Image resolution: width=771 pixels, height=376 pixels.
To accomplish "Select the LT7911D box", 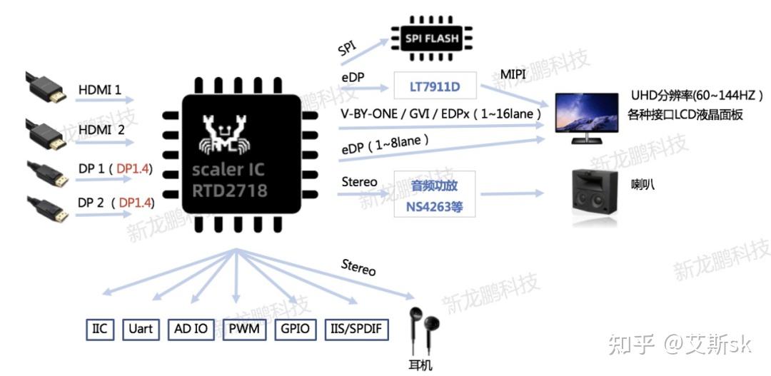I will (x=435, y=87).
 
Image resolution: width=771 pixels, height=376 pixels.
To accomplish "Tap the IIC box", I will (x=99, y=329).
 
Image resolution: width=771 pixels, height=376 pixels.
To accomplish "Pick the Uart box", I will (x=141, y=329).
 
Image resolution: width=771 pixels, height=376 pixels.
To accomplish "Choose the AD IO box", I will (x=191, y=329).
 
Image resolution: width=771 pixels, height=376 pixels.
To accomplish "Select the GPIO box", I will (x=295, y=329).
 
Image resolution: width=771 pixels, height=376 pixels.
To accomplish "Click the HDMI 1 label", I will (x=99, y=90).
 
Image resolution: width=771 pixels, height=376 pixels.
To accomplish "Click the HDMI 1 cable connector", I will (x=46, y=88).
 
